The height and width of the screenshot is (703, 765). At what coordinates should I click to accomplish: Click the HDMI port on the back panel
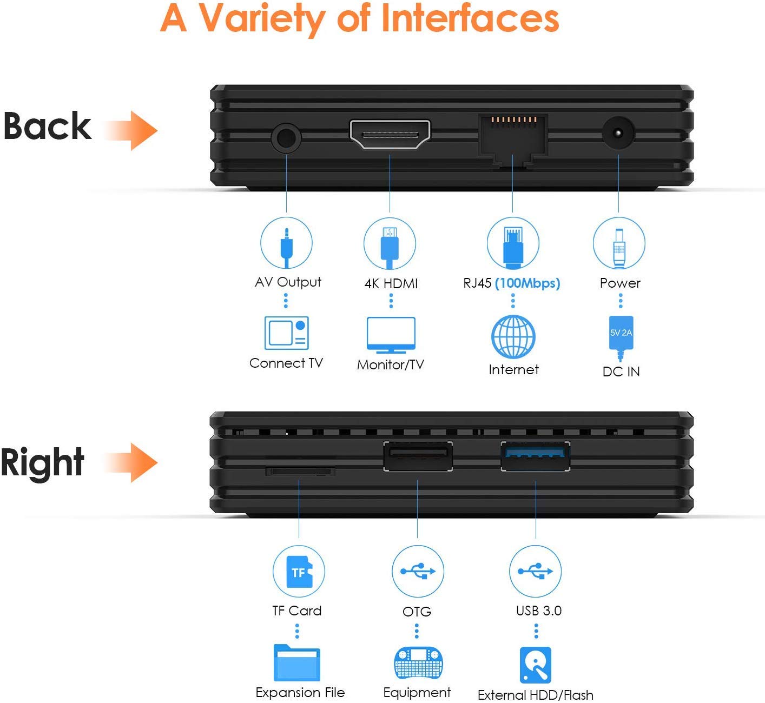click(x=390, y=134)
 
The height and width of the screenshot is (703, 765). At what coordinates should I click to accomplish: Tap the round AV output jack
click(x=286, y=138)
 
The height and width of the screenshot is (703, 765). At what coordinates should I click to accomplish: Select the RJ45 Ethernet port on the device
click(x=512, y=138)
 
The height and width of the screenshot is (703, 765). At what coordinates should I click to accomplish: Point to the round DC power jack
click(x=618, y=133)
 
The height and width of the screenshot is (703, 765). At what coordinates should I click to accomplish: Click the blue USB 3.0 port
click(x=535, y=456)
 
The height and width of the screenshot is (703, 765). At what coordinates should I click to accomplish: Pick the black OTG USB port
click(x=418, y=456)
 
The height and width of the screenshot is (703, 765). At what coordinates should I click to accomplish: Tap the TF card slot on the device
click(x=300, y=470)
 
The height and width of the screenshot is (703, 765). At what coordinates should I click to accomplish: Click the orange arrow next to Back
click(x=132, y=130)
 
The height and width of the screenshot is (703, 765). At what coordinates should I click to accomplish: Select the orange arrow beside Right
click(x=132, y=462)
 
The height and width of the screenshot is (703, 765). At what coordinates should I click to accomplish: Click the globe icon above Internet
click(x=513, y=336)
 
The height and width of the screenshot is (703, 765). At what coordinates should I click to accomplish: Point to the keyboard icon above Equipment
click(x=418, y=663)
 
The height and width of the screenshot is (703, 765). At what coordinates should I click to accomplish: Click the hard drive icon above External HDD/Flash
click(x=536, y=665)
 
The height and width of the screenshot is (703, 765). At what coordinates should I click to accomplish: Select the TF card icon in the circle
click(x=299, y=572)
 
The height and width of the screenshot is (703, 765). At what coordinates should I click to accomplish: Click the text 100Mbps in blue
click(x=527, y=283)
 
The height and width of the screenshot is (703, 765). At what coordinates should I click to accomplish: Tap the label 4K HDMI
click(x=391, y=283)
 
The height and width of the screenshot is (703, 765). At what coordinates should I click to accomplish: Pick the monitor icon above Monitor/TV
click(x=391, y=335)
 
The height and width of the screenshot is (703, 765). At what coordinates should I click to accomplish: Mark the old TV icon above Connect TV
click(x=286, y=333)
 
